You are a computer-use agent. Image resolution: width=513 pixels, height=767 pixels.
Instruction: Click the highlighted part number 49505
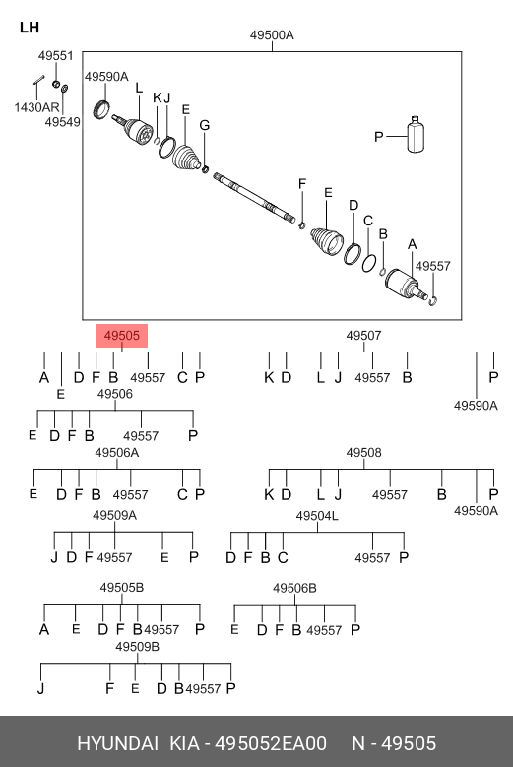click(122, 336)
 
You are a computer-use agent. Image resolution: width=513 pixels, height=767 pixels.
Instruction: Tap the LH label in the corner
click(30, 28)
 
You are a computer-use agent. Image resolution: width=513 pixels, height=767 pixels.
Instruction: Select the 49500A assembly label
click(272, 35)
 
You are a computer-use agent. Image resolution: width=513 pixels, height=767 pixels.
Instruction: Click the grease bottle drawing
click(416, 135)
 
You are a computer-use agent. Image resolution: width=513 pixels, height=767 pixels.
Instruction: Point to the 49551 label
click(56, 56)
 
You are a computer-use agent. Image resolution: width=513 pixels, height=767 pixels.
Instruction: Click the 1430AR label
click(36, 107)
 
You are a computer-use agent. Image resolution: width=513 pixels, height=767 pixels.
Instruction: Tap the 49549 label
click(63, 122)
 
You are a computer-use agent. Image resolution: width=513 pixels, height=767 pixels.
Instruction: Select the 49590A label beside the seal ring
click(106, 77)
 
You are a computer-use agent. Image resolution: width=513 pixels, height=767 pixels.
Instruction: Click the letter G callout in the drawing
click(205, 125)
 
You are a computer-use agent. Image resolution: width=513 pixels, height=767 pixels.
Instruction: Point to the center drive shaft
click(254, 198)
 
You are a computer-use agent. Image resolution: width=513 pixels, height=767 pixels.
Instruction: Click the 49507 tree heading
click(363, 336)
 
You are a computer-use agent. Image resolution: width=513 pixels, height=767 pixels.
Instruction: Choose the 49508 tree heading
click(363, 453)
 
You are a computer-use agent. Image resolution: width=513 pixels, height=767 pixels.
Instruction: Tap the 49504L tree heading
click(317, 516)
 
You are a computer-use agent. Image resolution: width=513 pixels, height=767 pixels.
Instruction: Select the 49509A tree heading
click(115, 515)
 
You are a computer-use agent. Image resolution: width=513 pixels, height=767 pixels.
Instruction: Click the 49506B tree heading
click(294, 588)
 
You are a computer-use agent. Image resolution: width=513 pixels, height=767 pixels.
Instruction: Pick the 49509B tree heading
click(138, 647)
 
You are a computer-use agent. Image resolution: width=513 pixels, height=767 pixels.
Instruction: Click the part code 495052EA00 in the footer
click(271, 743)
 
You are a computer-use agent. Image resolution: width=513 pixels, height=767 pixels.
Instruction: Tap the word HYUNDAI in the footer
click(117, 743)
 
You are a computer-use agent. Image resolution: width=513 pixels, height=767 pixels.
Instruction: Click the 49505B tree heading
click(122, 587)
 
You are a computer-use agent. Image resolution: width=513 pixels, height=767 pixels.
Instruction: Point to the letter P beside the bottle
click(379, 137)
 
